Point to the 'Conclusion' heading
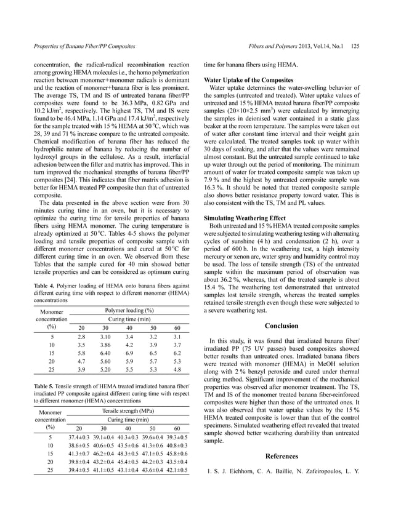pyautogui.click(x=282, y=326)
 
